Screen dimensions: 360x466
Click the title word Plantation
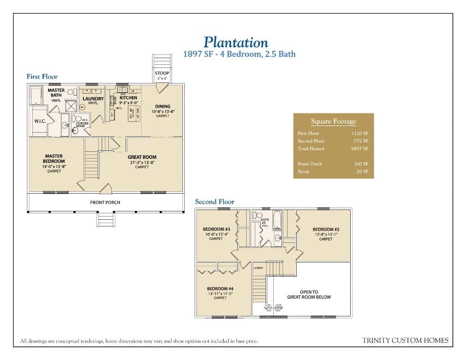236,43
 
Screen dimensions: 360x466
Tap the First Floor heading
42,76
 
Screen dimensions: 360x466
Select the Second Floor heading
214,202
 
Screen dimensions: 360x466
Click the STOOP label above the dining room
162,73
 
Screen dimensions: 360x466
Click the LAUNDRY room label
93,98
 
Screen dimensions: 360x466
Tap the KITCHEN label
128,98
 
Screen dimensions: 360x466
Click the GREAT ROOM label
142,157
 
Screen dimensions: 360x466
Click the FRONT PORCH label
105,202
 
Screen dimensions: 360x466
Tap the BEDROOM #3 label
216,229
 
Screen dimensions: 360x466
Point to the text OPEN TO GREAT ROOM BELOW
309,294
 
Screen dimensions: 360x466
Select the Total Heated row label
311,149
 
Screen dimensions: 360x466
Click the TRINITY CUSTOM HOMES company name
405,340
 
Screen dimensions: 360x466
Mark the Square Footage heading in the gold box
333,121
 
